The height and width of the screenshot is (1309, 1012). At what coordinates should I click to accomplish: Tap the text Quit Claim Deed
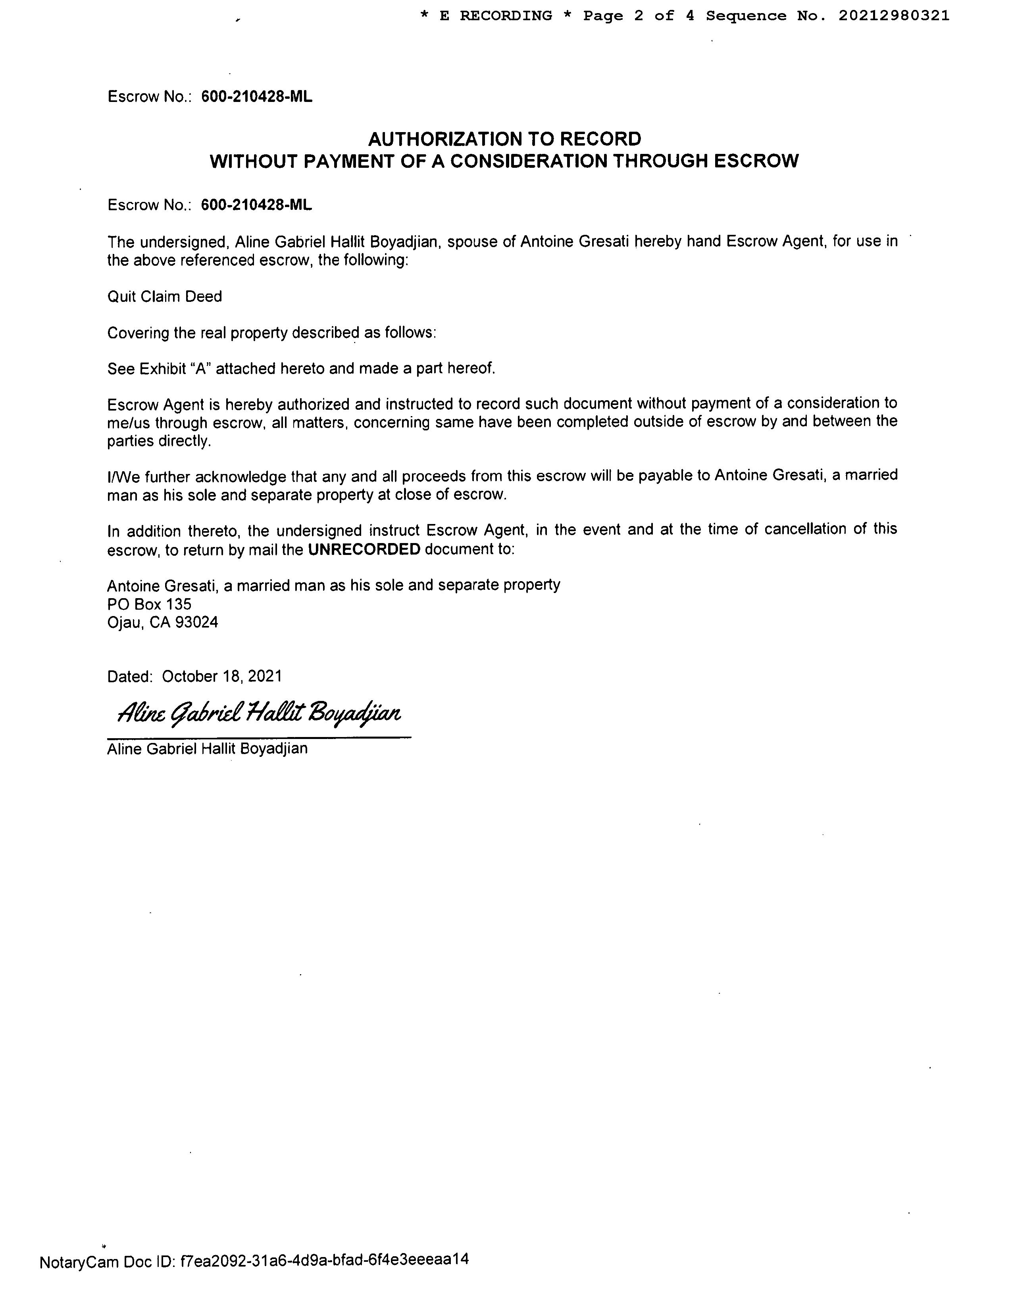164,297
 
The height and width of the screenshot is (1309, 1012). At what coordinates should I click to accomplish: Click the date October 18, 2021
222,676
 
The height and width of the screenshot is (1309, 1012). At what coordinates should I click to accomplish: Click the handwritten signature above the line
259,713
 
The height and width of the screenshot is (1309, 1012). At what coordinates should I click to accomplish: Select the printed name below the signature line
208,749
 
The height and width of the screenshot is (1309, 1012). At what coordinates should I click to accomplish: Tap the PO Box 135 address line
149,604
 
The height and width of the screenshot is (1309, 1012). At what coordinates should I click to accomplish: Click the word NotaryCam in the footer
79,1262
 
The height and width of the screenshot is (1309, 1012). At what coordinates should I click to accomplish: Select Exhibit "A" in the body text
175,369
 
